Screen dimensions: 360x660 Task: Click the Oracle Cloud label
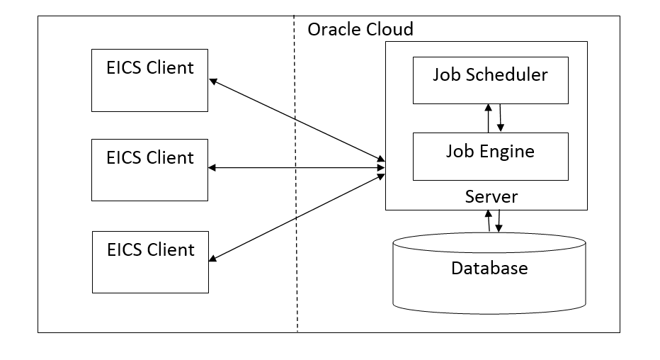[x=360, y=30]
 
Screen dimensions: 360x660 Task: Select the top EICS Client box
[x=149, y=80]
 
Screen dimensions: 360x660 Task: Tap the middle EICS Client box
[x=149, y=169]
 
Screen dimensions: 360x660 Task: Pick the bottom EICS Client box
[x=150, y=261]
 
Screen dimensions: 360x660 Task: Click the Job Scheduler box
[x=490, y=80]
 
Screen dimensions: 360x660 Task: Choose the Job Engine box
[x=490, y=156]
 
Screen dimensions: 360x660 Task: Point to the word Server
[x=491, y=196]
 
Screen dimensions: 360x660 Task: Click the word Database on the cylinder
[x=489, y=269]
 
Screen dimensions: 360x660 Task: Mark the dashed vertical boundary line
[x=296, y=213]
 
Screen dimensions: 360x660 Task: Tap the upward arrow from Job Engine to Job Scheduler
[x=488, y=118]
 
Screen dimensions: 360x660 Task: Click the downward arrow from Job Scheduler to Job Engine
[x=501, y=118]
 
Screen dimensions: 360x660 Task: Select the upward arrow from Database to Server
[x=488, y=221]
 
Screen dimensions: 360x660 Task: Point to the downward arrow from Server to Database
[x=499, y=221]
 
